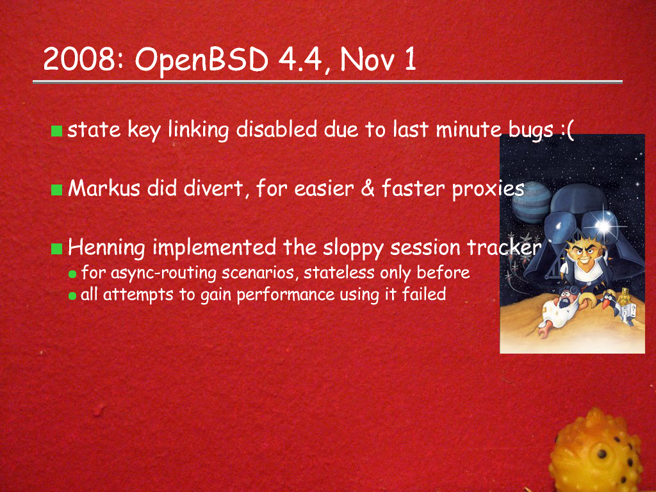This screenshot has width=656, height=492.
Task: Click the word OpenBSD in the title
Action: [201, 60]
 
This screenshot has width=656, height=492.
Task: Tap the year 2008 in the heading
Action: [78, 59]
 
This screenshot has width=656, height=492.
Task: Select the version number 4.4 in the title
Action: [301, 60]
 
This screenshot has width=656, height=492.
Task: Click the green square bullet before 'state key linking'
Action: [56, 131]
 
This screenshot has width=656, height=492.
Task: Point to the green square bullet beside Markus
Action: [56, 190]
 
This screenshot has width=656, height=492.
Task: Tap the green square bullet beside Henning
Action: [56, 249]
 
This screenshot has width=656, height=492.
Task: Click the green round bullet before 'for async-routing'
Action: [72, 274]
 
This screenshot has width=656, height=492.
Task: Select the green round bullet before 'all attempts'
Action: [72, 296]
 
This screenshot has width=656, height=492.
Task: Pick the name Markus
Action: [104, 188]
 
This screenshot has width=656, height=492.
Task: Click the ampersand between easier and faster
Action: [367, 188]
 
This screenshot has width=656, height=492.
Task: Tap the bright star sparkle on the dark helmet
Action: [603, 226]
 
